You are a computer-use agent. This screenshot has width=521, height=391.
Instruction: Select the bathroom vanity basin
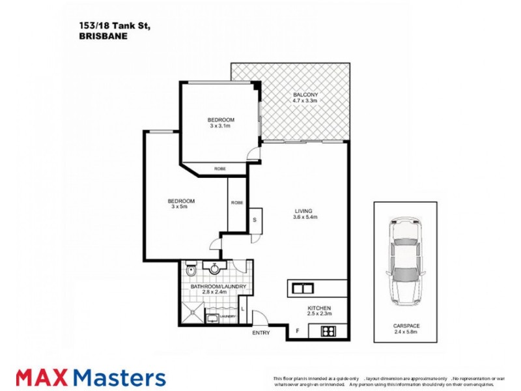[214, 267]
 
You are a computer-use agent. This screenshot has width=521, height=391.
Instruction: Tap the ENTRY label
[261, 334]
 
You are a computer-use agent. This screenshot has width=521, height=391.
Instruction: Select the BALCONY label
[305, 94]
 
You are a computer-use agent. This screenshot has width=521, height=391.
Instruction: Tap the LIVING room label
[304, 211]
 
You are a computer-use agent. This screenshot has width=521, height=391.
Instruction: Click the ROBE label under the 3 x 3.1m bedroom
[220, 169]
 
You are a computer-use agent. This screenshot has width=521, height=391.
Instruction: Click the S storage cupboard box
[255, 219]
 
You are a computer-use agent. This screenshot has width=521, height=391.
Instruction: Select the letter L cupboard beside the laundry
[243, 308]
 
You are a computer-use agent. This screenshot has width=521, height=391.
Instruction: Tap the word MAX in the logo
[43, 377]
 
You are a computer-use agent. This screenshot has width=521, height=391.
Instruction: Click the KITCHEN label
[320, 308]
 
